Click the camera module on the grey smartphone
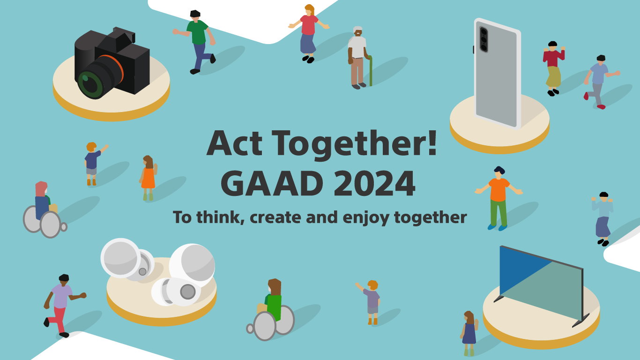tap(483, 39)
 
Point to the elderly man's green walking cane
tap(370, 70)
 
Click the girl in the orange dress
tap(148, 177)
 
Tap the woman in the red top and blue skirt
tap(308, 33)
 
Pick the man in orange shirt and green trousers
tap(499, 197)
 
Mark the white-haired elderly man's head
tap(358, 31)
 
